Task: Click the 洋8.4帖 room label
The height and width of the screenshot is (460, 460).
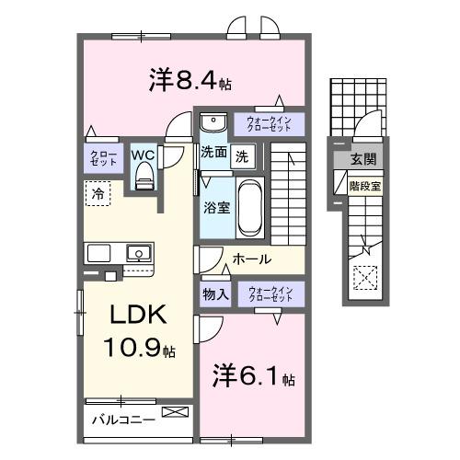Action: [x=189, y=80]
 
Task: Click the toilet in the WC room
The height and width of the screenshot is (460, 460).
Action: [x=143, y=179]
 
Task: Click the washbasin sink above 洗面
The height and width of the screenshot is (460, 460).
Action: [x=213, y=122]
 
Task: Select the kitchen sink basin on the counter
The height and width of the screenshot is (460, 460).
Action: [x=138, y=251]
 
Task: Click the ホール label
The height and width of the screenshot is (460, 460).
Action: [x=251, y=259]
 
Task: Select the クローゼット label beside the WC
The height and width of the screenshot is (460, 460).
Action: [x=98, y=158]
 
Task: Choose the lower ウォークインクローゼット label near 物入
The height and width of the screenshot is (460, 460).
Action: [x=269, y=294]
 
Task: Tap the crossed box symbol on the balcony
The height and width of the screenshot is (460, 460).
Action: [x=171, y=413]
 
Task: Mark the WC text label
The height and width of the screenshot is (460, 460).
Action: [x=143, y=154]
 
